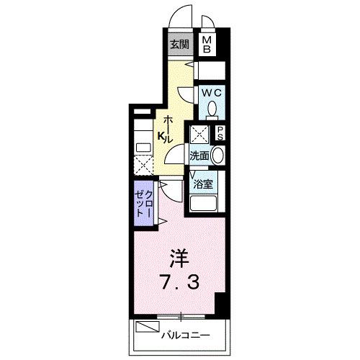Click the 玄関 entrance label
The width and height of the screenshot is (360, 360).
tap(179, 44)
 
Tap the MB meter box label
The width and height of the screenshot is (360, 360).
tap(207, 45)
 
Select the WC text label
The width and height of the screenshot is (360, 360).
tap(210, 93)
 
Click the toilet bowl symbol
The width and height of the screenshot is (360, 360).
tap(212, 109)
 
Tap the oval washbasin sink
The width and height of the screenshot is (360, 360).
tap(218, 155)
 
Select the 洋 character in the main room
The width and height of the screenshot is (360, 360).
tap(180, 256)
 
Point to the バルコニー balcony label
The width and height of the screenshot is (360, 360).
tap(184, 335)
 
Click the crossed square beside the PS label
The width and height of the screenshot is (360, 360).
tap(199, 134)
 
